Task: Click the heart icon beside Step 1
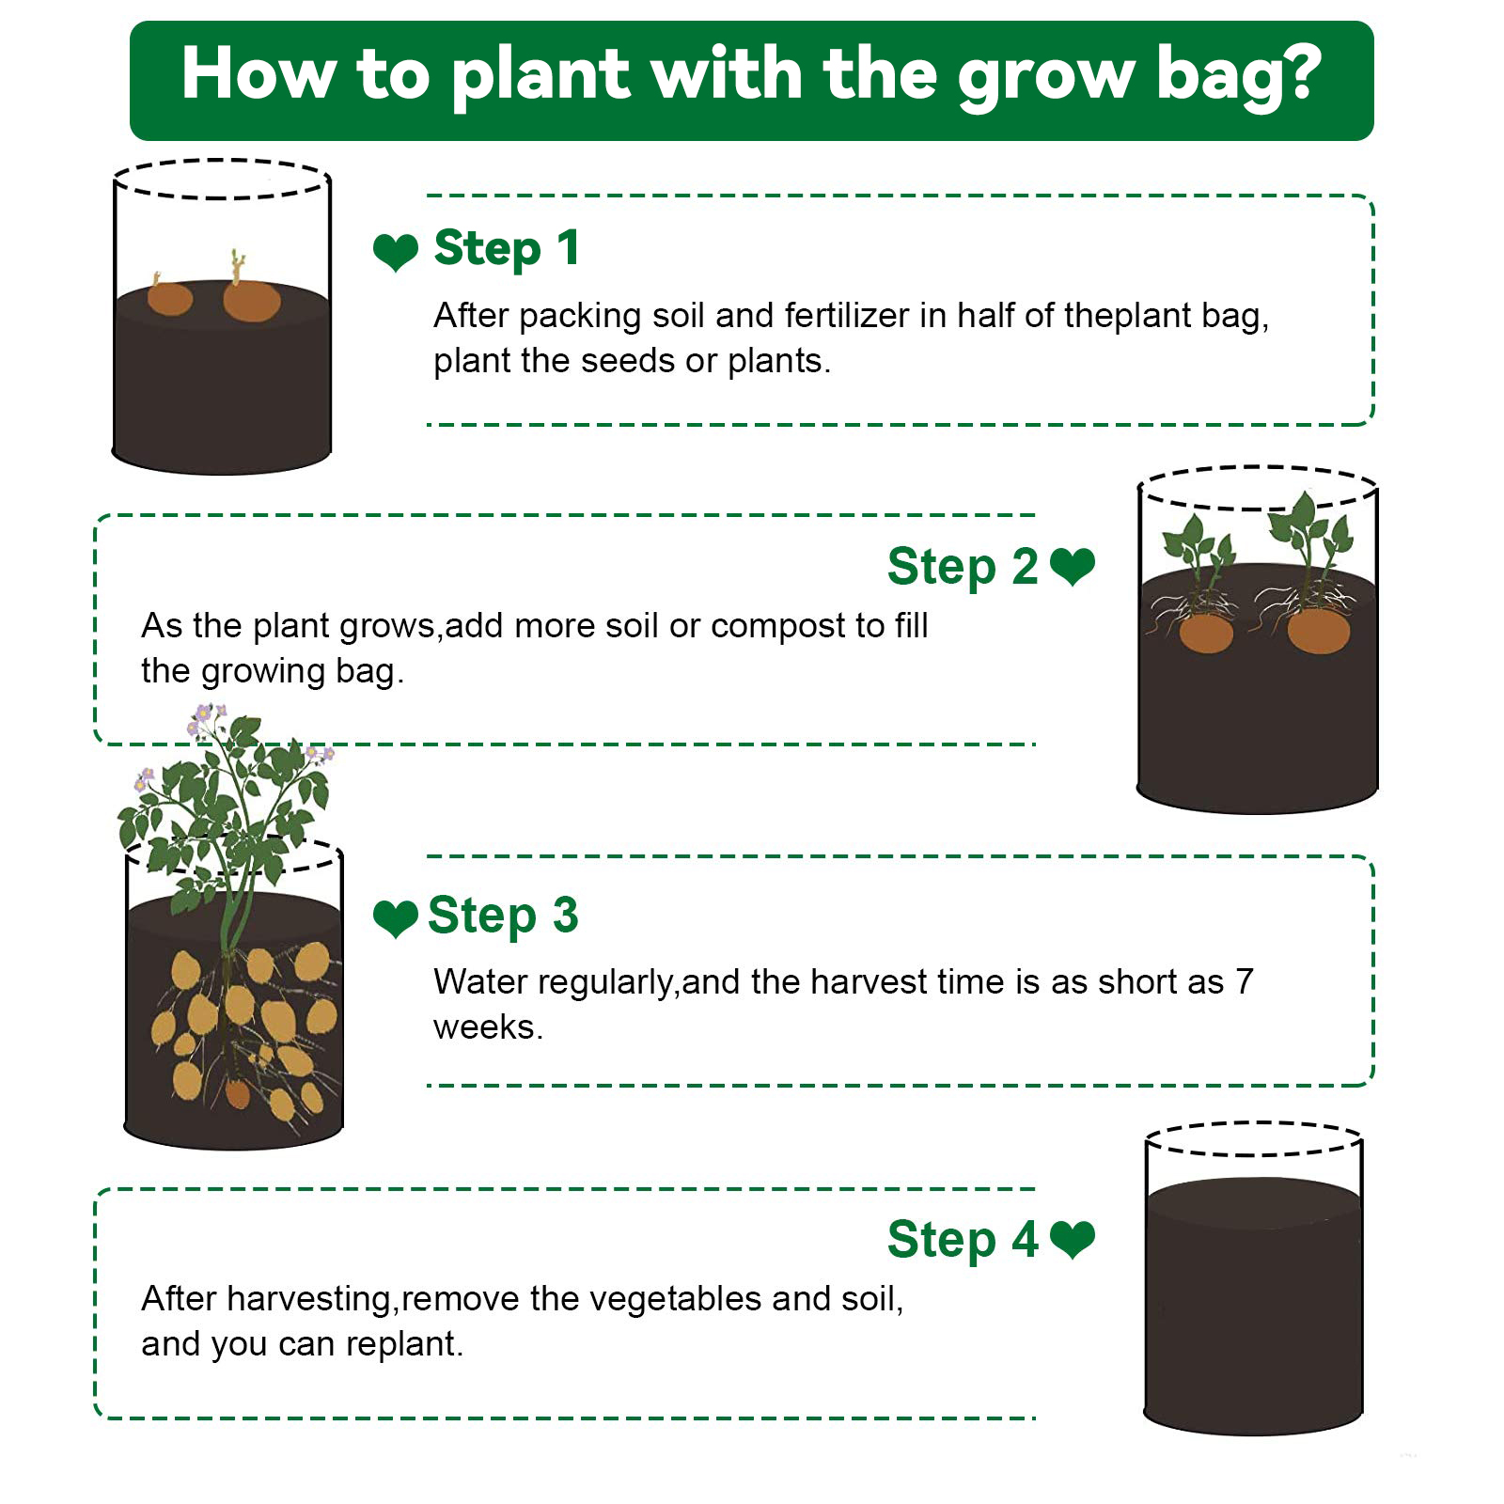(x=396, y=252)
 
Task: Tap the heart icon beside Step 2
(x=1073, y=567)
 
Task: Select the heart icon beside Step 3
(x=396, y=918)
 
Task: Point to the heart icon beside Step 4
(x=1073, y=1240)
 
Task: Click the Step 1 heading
(x=507, y=249)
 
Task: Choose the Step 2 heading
(x=963, y=566)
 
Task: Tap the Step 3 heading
(x=503, y=916)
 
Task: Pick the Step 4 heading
(x=963, y=1239)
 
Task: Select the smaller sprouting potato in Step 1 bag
(x=170, y=298)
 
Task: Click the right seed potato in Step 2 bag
(x=1319, y=629)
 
